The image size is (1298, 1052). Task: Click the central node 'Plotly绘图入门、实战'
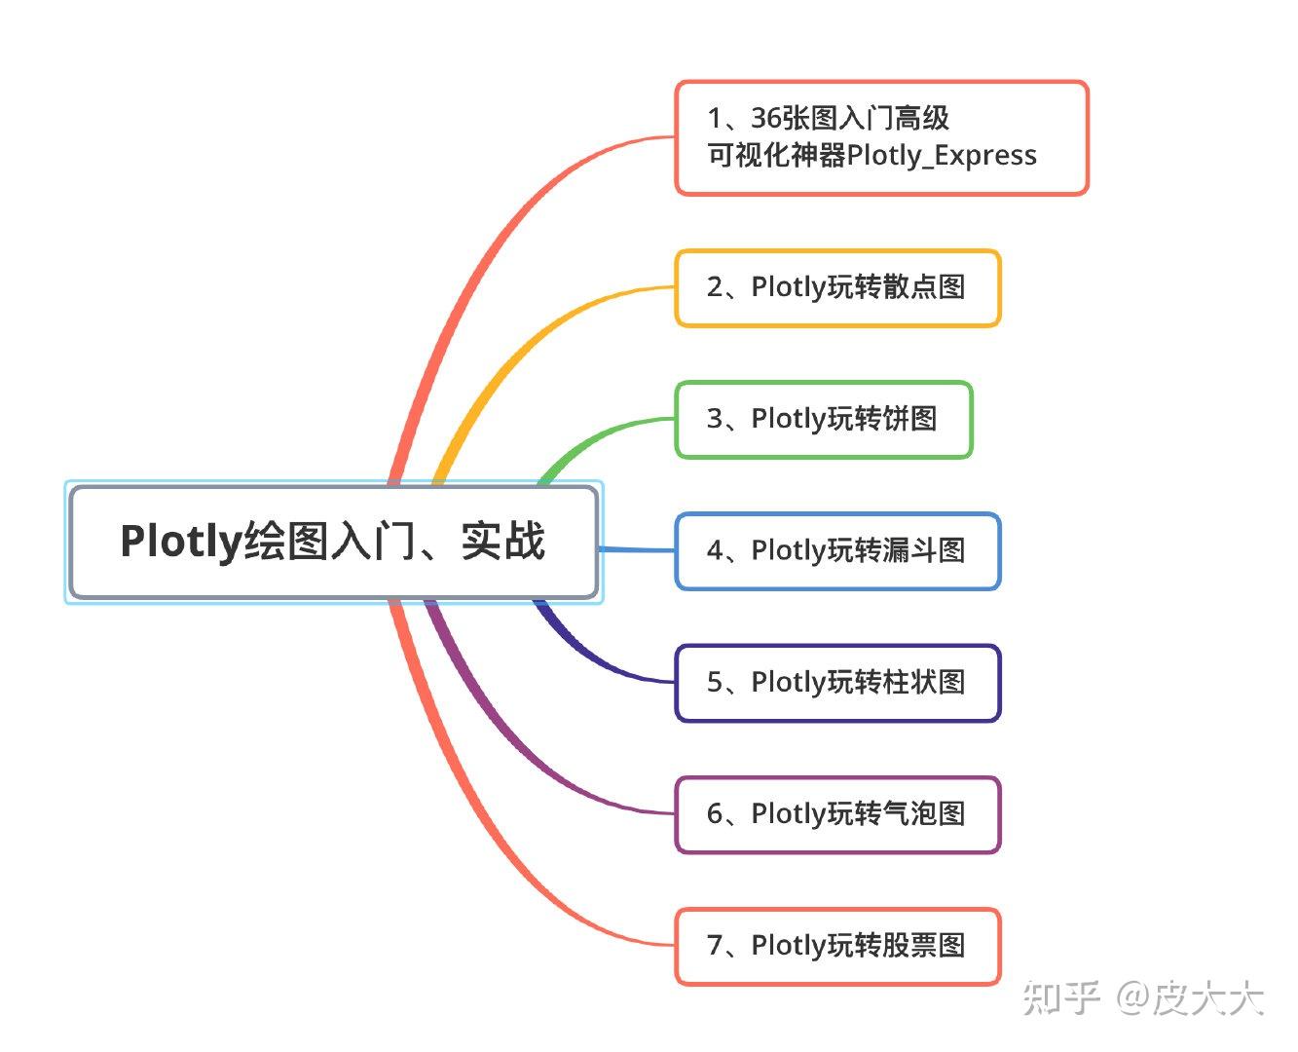click(333, 542)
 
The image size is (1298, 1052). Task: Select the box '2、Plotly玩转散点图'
click(837, 287)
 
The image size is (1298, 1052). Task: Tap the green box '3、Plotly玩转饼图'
click(823, 419)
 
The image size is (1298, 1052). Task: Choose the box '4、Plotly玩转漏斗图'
click(837, 551)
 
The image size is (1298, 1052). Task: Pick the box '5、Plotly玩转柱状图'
click(837, 683)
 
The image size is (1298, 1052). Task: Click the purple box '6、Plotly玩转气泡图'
click(837, 814)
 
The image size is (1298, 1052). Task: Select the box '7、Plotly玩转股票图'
click(837, 946)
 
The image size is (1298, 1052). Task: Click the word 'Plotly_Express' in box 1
click(942, 156)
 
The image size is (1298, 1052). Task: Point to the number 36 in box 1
click(766, 118)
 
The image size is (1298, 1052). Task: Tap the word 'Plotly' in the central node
click(181, 542)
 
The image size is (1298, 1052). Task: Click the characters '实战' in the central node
click(502, 541)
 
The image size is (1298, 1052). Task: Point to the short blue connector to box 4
click(637, 549)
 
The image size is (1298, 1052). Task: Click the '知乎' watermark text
click(1061, 998)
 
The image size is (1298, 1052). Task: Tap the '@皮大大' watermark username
click(1190, 998)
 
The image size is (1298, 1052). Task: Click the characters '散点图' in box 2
click(924, 287)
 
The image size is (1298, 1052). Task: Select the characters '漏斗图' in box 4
click(924, 550)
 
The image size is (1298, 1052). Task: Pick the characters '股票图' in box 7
click(924, 945)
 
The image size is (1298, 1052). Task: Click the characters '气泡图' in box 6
click(924, 813)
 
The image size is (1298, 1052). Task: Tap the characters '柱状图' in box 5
click(924, 682)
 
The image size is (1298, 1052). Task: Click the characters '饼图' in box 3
click(909, 419)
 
